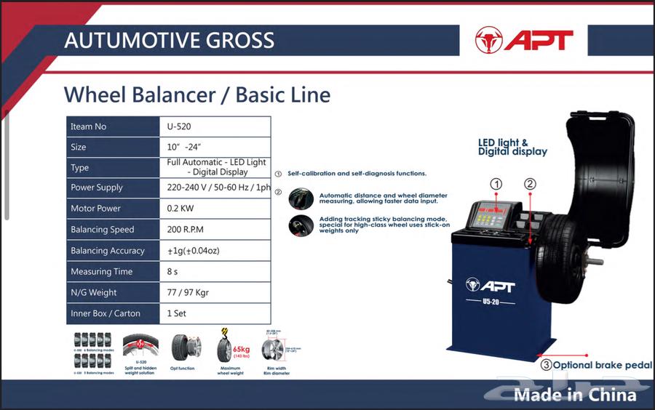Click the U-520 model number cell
tap(179, 126)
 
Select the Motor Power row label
tap(95, 209)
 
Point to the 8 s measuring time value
tap(172, 272)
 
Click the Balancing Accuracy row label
tap(107, 251)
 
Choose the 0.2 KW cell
tap(180, 209)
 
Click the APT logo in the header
tap(524, 39)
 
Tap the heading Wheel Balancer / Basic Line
tap(196, 95)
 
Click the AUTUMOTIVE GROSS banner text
tap(169, 40)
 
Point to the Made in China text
tap(575, 395)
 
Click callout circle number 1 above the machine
tap(496, 185)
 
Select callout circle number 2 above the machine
tap(530, 185)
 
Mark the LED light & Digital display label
tap(512, 148)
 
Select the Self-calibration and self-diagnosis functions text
tap(357, 174)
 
